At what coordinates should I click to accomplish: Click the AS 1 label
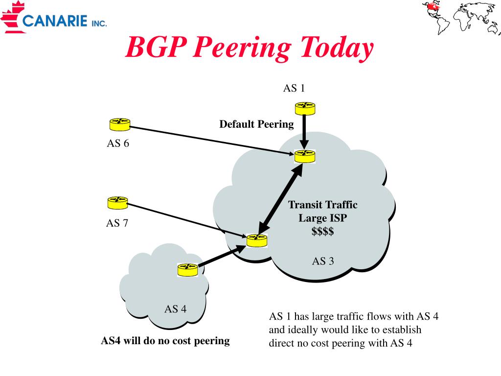(294, 88)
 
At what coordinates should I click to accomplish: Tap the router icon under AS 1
(305, 108)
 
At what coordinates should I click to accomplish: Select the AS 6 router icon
(120, 124)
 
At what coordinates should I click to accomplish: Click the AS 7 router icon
(117, 203)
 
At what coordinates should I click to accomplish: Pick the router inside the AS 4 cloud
(187, 270)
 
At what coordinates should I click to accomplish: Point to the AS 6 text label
(118, 143)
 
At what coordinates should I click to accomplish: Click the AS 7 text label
(117, 223)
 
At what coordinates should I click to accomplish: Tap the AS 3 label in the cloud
(323, 261)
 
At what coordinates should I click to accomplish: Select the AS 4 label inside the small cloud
(176, 309)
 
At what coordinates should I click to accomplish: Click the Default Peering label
(256, 124)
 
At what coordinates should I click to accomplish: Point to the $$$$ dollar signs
(323, 231)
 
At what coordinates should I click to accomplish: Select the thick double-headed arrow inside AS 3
(280, 201)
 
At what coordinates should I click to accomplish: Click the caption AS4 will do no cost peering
(165, 341)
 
